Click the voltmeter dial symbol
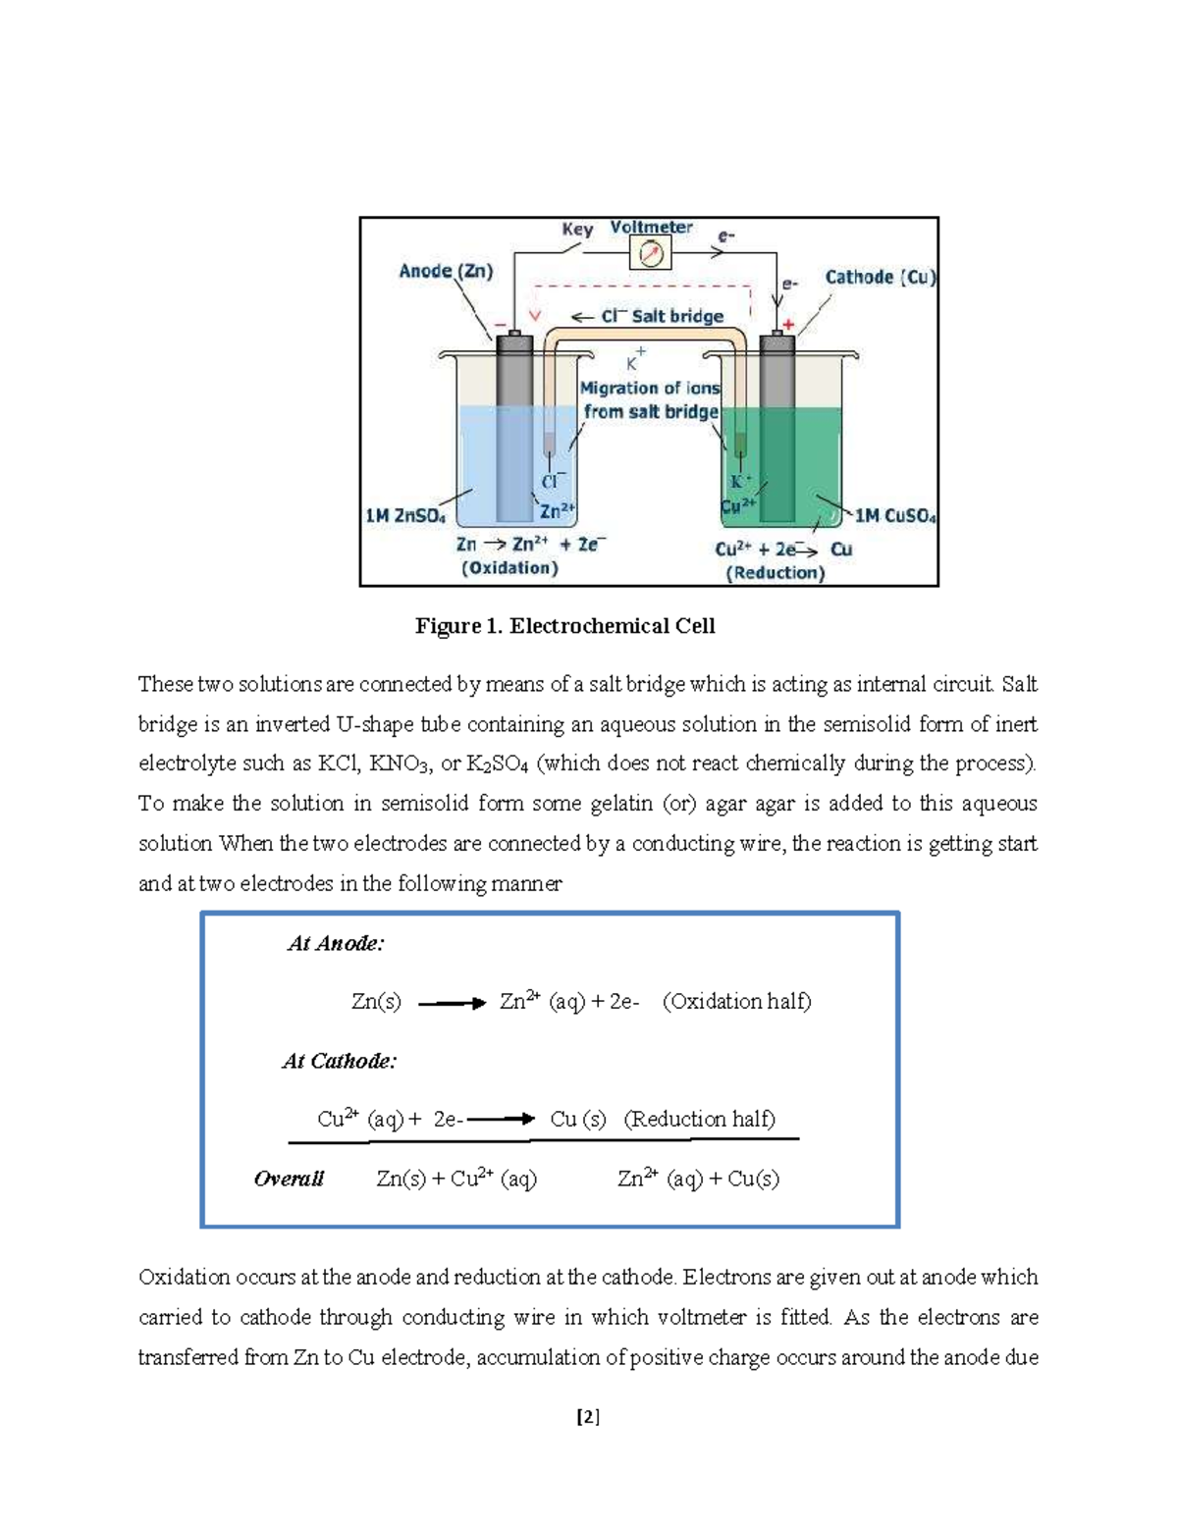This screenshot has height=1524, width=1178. [652, 254]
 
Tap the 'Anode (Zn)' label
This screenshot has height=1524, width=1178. [446, 271]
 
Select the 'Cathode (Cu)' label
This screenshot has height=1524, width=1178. [880, 277]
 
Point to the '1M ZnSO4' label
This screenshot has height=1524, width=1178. [405, 515]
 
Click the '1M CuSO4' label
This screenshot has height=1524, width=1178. [895, 515]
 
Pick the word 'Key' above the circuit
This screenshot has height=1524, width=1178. [577, 229]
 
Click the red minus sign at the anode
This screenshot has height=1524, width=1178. [502, 324]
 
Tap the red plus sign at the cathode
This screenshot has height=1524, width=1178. [787, 325]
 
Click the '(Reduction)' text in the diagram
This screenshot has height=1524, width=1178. [776, 573]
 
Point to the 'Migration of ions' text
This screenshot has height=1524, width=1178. [650, 388]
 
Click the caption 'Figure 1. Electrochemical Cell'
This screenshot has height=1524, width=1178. [564, 626]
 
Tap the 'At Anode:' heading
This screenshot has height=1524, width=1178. [335, 944]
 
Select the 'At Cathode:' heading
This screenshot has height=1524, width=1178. [339, 1061]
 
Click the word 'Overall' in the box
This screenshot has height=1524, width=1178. [289, 1179]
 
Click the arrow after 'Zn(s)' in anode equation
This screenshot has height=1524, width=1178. [452, 1003]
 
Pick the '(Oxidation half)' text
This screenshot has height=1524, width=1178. [736, 1002]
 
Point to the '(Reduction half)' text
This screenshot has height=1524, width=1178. [699, 1120]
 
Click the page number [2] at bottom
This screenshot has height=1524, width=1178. [588, 1417]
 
